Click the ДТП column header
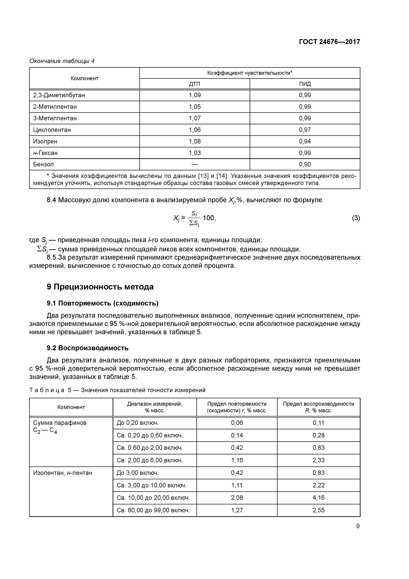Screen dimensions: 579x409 click(x=195, y=84)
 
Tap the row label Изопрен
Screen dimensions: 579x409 click(x=45, y=141)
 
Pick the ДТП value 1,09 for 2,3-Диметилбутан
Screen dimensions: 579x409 click(x=195, y=95)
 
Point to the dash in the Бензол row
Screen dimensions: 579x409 click(x=195, y=164)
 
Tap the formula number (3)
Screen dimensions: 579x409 click(x=356, y=218)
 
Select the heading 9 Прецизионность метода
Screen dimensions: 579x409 click(x=100, y=287)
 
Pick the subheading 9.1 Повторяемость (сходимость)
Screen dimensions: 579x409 click(x=103, y=303)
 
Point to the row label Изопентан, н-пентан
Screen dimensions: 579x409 click(x=63, y=473)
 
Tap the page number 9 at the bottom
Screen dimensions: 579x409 click(x=358, y=526)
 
